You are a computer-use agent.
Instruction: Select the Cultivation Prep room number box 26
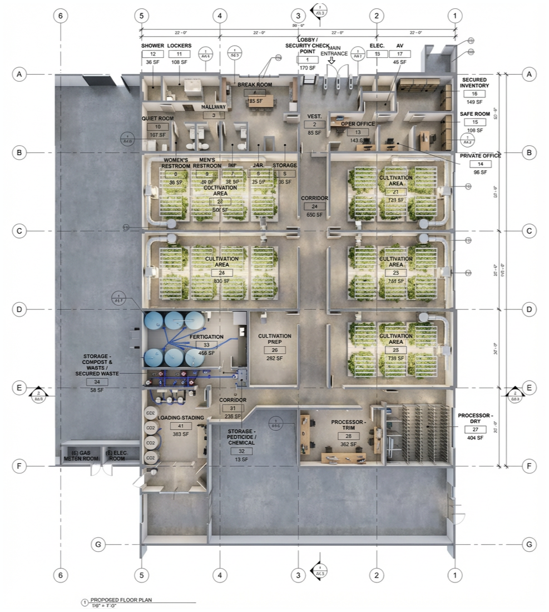pyautogui.click(x=274, y=350)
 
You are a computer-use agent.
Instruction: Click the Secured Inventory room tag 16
pyautogui.click(x=474, y=94)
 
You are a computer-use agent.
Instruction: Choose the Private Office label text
pyautogui.click(x=480, y=156)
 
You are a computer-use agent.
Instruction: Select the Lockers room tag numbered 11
pyautogui.click(x=179, y=54)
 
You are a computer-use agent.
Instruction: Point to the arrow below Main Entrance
pyautogui.click(x=333, y=61)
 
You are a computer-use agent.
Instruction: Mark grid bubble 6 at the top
pyautogui.click(x=61, y=16)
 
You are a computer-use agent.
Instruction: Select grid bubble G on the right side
pyautogui.click(x=529, y=544)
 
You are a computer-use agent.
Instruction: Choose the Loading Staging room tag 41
pyautogui.click(x=184, y=426)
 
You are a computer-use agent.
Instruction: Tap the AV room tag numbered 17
pyautogui.click(x=399, y=54)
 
